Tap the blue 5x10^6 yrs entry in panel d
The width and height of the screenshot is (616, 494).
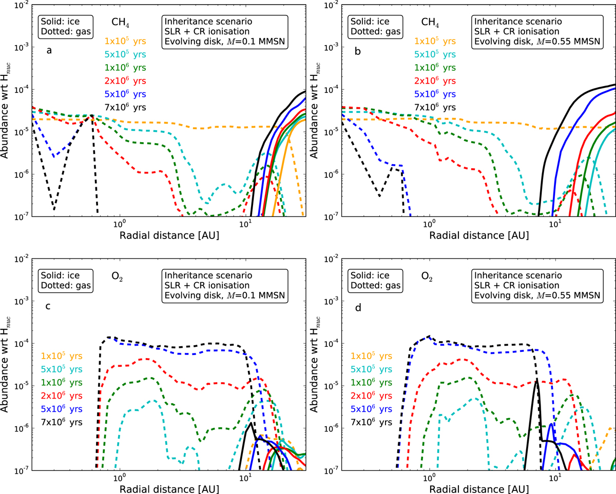tap(371, 408)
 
